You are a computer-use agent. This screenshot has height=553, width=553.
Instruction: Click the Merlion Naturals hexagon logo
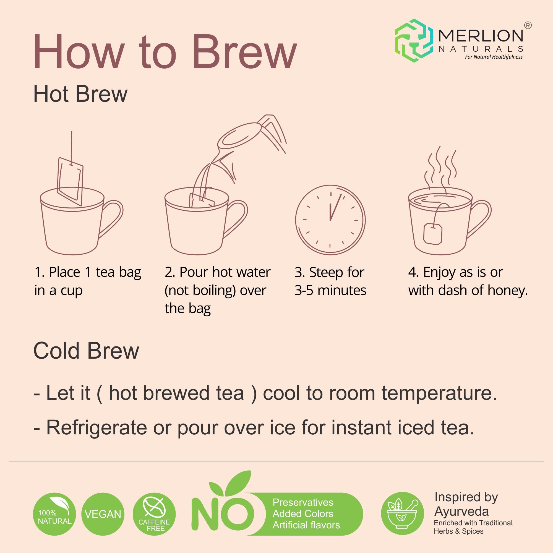pyautogui.click(x=414, y=41)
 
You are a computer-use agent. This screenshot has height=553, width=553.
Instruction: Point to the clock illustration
pyautogui.click(x=330, y=220)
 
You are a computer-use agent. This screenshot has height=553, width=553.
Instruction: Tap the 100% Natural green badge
pyautogui.click(x=55, y=514)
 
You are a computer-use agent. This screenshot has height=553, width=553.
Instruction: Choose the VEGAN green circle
pyautogui.click(x=103, y=514)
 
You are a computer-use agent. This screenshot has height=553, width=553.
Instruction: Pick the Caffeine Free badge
pyautogui.click(x=154, y=514)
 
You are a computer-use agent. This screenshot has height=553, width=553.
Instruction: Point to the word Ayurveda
pyautogui.click(x=462, y=512)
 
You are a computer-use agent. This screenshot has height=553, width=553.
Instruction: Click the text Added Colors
pyautogui.click(x=303, y=514)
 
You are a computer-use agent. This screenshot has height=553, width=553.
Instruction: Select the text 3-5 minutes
pyautogui.click(x=330, y=290)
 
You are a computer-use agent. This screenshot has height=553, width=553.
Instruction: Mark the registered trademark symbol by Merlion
pyautogui.click(x=528, y=25)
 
